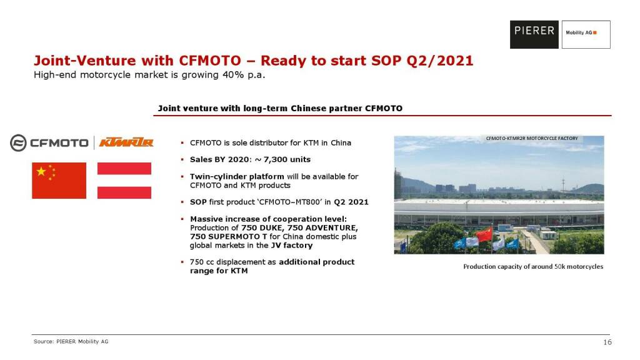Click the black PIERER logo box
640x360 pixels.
click(x=534, y=35)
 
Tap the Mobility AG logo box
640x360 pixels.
click(x=586, y=35)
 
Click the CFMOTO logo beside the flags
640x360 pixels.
click(x=49, y=143)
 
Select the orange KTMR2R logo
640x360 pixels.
click(x=126, y=142)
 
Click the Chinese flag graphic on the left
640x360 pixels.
click(x=59, y=181)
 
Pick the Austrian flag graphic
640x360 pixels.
click(x=124, y=181)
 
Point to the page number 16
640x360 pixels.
click(x=607, y=342)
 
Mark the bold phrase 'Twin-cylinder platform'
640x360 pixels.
click(x=237, y=177)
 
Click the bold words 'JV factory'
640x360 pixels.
click(x=292, y=245)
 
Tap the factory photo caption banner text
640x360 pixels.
click(x=532, y=138)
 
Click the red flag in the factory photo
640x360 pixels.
click(x=484, y=234)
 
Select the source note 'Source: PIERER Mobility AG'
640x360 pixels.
click(x=71, y=342)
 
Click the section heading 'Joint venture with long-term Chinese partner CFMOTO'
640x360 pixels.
click(x=280, y=109)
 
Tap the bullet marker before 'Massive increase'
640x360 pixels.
click(x=182, y=219)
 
